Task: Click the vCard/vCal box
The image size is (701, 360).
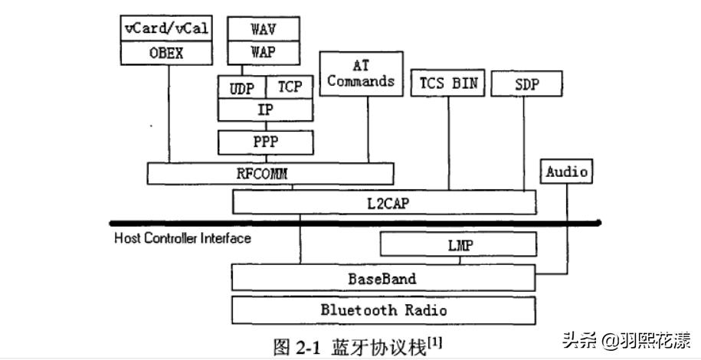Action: [x=166, y=29]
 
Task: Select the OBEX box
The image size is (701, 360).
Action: [x=166, y=54]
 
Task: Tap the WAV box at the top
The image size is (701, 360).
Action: [x=263, y=29]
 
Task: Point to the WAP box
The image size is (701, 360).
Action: [x=263, y=53]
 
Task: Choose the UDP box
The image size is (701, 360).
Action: [x=242, y=87]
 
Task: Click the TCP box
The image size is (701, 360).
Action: [x=290, y=87]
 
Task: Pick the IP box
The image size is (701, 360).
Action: [x=265, y=110]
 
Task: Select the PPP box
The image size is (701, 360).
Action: [x=265, y=142]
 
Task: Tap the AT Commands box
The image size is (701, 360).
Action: [x=361, y=74]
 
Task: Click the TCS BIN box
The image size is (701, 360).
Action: [x=448, y=84]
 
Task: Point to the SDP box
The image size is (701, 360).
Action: [x=526, y=84]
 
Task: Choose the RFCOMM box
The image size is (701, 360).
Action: [x=270, y=174]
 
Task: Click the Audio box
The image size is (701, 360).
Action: [x=567, y=172]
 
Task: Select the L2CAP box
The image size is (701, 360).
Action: [x=384, y=202]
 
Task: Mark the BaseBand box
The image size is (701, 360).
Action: [x=383, y=278]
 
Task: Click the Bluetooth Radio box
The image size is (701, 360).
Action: [x=383, y=310]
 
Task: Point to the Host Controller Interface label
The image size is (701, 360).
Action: [x=182, y=238]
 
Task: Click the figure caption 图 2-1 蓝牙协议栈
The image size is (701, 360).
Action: [x=357, y=345]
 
